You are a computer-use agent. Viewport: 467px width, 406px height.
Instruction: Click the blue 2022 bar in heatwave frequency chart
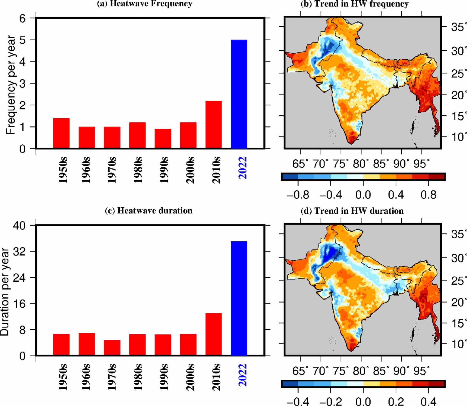click(x=239, y=94)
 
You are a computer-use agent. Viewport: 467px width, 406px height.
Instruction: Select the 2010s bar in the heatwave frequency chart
click(x=213, y=125)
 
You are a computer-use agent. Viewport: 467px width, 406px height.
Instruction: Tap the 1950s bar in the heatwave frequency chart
click(x=61, y=133)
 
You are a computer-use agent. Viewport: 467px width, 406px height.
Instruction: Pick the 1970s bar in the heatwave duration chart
click(x=112, y=347)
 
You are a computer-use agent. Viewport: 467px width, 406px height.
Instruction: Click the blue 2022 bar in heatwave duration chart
click(x=239, y=298)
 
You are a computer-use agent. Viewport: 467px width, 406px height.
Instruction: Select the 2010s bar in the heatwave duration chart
click(x=213, y=334)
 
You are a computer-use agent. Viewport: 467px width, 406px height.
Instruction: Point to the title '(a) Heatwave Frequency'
click(x=144, y=4)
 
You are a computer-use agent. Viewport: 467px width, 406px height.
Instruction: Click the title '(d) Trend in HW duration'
click(x=352, y=211)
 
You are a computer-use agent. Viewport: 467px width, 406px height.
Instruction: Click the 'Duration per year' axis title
click(x=5, y=291)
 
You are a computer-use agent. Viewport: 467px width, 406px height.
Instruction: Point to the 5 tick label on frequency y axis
click(x=22, y=40)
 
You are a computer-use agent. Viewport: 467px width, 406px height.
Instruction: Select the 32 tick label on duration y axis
click(x=19, y=251)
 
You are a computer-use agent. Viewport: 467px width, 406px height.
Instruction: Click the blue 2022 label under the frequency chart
click(x=242, y=168)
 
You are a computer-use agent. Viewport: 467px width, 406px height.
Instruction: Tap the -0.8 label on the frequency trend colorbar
click(x=298, y=195)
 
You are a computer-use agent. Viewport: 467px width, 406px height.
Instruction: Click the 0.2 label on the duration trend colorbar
click(x=396, y=401)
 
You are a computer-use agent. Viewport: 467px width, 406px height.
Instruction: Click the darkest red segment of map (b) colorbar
click(x=436, y=177)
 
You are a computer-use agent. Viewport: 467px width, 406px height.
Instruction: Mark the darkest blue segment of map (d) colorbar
click(x=290, y=384)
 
